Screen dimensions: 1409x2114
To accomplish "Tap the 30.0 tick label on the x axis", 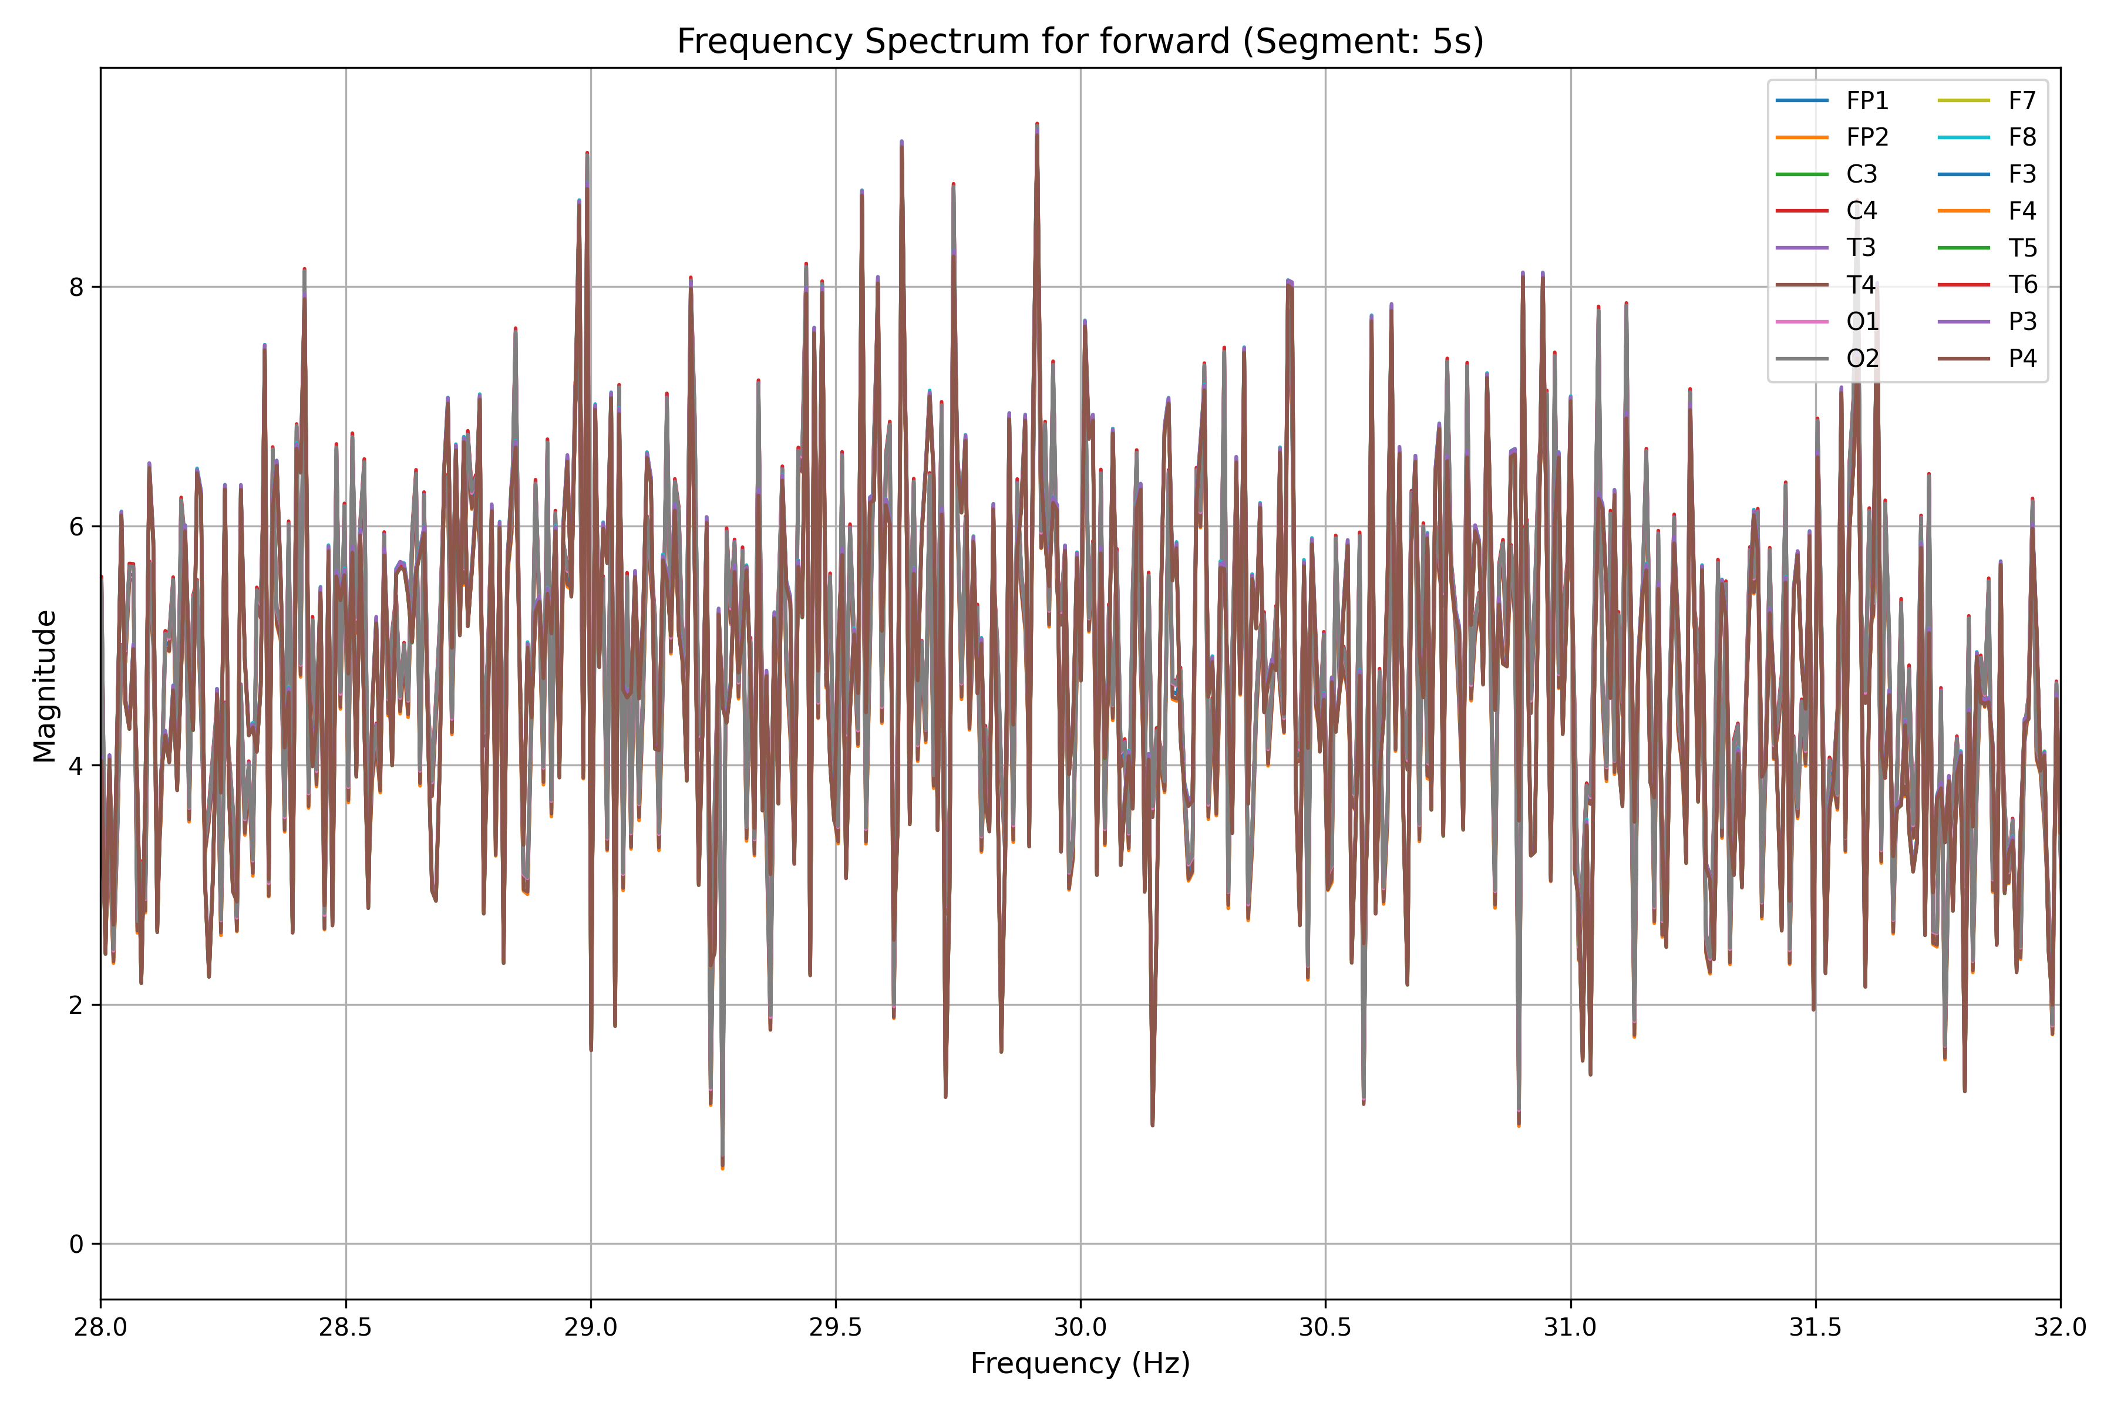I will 1080,1327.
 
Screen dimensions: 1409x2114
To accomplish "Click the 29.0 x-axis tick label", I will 591,1327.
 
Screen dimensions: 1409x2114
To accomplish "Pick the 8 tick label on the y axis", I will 76,288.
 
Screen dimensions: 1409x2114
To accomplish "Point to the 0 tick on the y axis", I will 76,1245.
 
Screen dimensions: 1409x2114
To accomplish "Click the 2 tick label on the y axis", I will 76,1004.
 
